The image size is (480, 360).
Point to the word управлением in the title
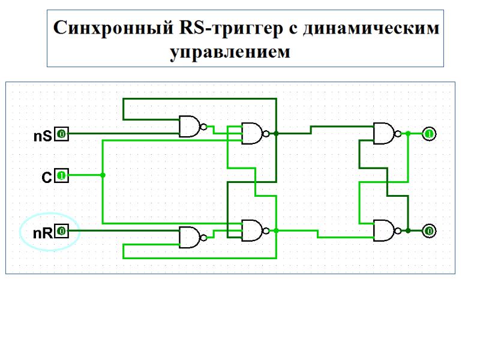pyautogui.click(x=230, y=52)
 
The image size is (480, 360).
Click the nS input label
pyautogui.click(x=42, y=137)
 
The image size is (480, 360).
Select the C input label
pyautogui.click(x=46, y=178)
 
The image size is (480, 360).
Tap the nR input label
pyautogui.click(x=42, y=233)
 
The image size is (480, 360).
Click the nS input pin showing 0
pyautogui.click(x=62, y=134)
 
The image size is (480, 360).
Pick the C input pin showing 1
pyautogui.click(x=62, y=176)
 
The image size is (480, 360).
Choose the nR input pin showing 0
pyautogui.click(x=62, y=231)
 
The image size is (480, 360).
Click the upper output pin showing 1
pyautogui.click(x=429, y=134)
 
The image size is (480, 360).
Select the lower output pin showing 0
pyautogui.click(x=429, y=231)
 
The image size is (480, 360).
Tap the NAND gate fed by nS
pyautogui.click(x=190, y=127)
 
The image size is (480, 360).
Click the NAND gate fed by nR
pyautogui.click(x=190, y=237)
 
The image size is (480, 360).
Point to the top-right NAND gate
pyautogui.click(x=384, y=133)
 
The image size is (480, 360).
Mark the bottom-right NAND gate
pyautogui.click(x=384, y=230)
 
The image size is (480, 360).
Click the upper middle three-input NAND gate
pyautogui.click(x=252, y=133)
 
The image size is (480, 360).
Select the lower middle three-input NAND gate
pyautogui.click(x=252, y=230)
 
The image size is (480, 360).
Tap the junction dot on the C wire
pyautogui.click(x=103, y=175)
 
